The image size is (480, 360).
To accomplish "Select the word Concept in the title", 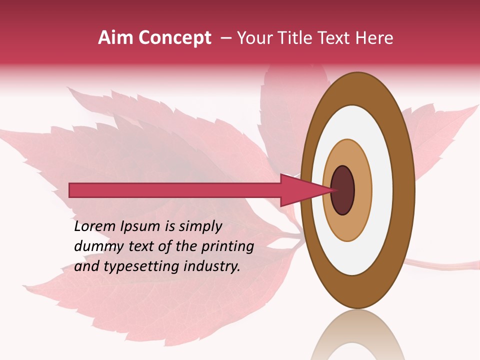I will [174, 38].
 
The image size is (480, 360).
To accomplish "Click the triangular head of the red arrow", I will [300, 190].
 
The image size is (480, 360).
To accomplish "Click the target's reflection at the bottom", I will [357, 335].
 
